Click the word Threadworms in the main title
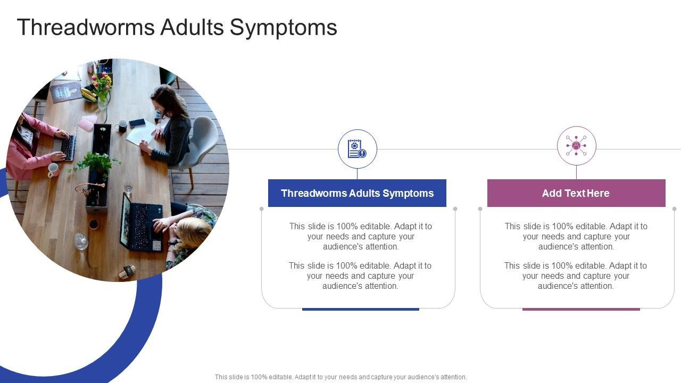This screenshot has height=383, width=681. (86, 27)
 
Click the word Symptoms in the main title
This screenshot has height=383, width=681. (284, 28)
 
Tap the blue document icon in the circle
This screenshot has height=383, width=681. (357, 148)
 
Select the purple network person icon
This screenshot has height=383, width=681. (576, 146)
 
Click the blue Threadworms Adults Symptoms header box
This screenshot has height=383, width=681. (357, 193)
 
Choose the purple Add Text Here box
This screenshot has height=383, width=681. (576, 193)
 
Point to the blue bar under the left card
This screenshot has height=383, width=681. (361, 309)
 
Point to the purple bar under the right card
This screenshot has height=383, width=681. (581, 309)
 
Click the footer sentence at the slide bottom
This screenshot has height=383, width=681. (340, 377)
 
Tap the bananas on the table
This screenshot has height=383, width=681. (88, 94)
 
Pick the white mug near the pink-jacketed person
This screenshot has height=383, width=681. (53, 170)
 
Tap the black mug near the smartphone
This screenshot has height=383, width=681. (122, 126)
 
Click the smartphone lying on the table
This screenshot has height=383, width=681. (137, 123)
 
